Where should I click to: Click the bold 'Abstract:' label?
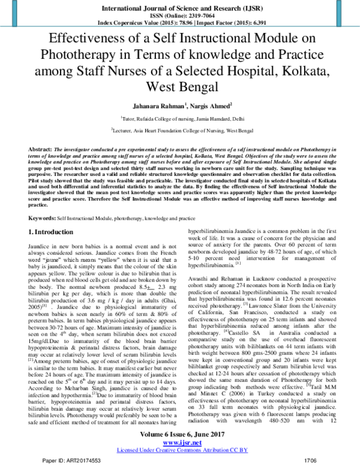point(40,148)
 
